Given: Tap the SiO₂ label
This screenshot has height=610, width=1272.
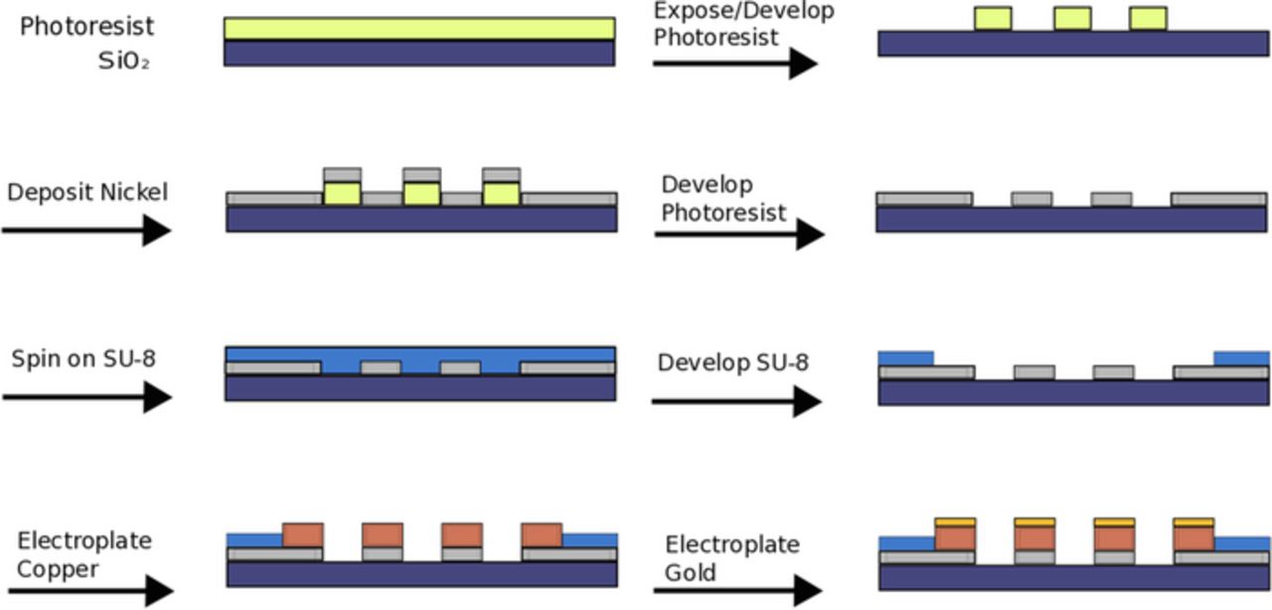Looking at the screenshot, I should [x=124, y=61].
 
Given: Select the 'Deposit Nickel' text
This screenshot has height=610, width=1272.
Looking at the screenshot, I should [x=87, y=192].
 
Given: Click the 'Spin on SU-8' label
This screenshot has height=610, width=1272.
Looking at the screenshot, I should [x=83, y=359].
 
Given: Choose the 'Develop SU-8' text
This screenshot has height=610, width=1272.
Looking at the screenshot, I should [x=732, y=363].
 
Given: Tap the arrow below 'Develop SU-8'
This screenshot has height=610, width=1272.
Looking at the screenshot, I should [x=735, y=401].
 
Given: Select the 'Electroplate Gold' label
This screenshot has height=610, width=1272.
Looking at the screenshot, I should [x=731, y=558].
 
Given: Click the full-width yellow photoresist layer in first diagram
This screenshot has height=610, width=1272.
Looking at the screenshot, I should [x=418, y=29].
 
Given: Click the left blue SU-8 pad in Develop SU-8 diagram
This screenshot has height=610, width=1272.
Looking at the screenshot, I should [x=906, y=358].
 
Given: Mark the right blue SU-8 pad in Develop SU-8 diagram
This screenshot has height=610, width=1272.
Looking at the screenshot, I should [x=1241, y=358].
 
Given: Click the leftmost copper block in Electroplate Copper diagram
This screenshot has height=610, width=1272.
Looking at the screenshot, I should [x=303, y=534].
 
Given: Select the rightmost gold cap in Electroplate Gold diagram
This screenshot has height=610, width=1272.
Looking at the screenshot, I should [x=1192, y=522].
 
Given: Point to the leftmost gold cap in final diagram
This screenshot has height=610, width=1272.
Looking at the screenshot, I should [x=955, y=522].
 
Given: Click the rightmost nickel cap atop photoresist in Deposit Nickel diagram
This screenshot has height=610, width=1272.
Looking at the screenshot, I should [x=501, y=175].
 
